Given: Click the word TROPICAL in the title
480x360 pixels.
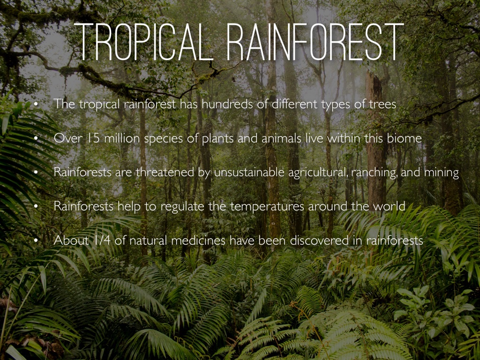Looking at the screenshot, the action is [x=144, y=42].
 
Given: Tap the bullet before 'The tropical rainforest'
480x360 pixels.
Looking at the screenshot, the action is [x=36, y=105].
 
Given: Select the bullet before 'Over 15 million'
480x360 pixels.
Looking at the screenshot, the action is [x=36, y=139].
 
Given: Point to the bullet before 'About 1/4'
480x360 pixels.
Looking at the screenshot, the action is [x=36, y=240].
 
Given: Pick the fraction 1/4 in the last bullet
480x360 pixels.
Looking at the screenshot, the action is [x=102, y=240].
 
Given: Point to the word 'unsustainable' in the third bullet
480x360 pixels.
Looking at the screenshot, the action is [x=249, y=172].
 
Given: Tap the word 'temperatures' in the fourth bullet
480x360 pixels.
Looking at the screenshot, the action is [x=267, y=207].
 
